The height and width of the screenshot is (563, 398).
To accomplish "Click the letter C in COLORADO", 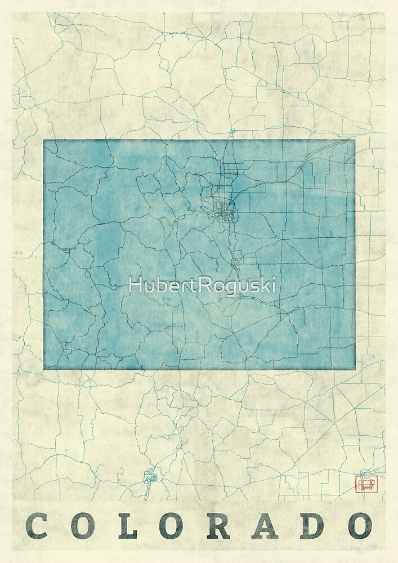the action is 37,526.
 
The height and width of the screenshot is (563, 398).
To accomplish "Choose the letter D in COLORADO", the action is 312,526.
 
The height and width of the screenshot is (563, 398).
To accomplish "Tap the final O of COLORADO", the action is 359,526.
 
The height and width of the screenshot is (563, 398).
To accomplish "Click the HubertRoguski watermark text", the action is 202,285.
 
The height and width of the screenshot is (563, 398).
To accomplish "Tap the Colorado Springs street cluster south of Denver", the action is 237,262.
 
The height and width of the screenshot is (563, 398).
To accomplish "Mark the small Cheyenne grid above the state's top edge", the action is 232,132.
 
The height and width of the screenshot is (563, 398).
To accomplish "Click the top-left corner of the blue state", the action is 44,140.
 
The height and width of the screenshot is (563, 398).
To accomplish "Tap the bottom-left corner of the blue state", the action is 44,369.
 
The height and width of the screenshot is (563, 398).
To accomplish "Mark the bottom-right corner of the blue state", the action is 355,369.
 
